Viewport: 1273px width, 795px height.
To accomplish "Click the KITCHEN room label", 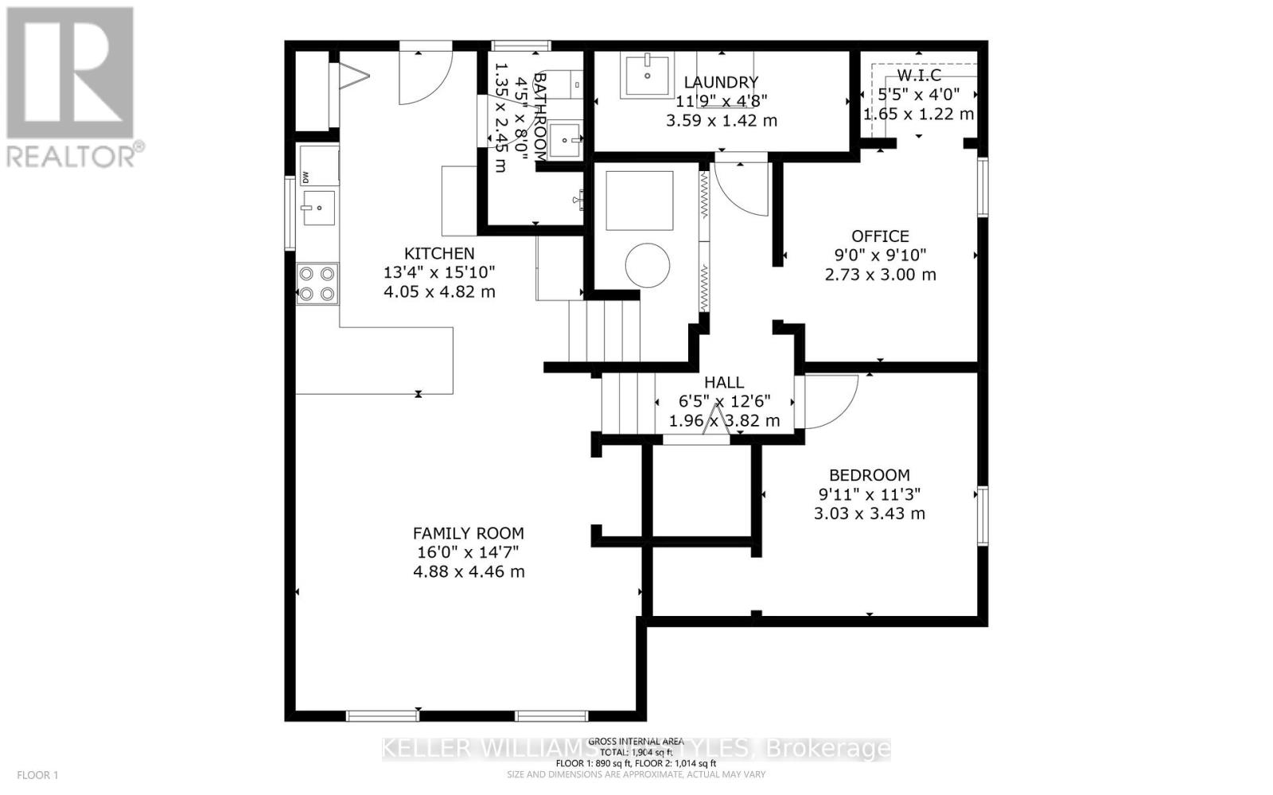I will (439, 253).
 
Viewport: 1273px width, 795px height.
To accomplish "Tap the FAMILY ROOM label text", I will (468, 533).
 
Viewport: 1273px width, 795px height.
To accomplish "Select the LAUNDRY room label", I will (721, 82).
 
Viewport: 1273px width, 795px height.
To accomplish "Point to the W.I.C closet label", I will (919, 76).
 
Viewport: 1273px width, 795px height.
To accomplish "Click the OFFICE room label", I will (880, 236).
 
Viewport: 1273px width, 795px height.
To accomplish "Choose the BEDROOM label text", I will (869, 475).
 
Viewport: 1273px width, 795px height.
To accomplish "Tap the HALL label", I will (724, 383).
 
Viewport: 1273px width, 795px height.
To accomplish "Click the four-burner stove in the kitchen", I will (317, 284).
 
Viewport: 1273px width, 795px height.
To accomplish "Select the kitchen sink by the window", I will (317, 208).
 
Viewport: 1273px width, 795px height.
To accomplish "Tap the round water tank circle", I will (647, 265).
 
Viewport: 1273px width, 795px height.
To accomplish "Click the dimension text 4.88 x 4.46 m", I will (468, 571).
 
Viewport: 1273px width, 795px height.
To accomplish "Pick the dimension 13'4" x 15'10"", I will (439, 272).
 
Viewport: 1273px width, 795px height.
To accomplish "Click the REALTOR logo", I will (72, 88).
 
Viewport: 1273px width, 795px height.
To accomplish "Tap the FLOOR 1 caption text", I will (37, 774).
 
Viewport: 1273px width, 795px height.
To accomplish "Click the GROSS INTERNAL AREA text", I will (636, 741).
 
